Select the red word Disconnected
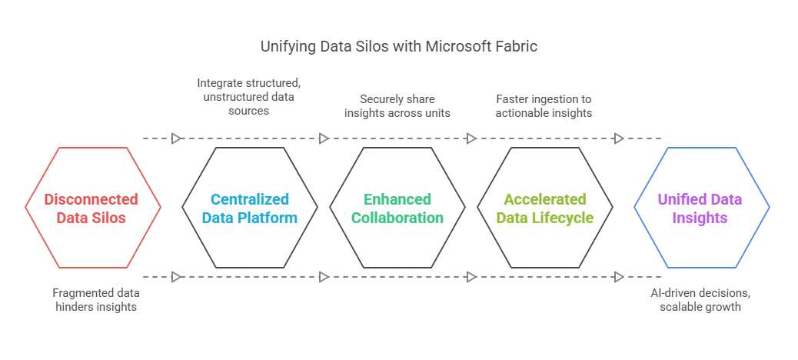(x=91, y=198)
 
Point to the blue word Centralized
(x=250, y=198)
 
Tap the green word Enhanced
(x=397, y=198)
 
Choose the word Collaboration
(x=397, y=218)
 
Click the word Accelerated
(x=545, y=198)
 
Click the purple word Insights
(x=700, y=218)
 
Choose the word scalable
(x=678, y=307)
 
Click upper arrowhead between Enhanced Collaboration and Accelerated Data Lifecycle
(x=471, y=138)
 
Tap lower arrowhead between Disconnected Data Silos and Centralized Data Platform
(x=176, y=277)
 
